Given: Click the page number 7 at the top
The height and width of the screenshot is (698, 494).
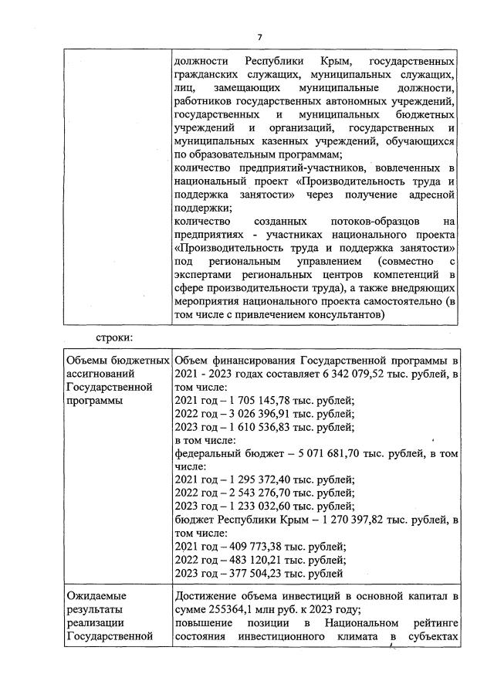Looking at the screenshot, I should [x=260, y=36].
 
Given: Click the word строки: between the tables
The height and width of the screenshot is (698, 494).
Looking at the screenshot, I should [x=115, y=337].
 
